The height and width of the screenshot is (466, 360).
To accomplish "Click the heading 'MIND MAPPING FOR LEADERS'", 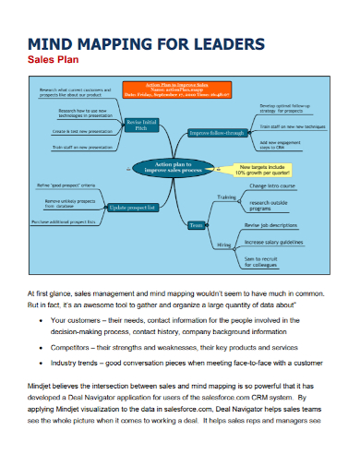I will pos(149,44).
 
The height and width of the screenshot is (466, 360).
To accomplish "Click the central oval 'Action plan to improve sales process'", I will pos(167,168).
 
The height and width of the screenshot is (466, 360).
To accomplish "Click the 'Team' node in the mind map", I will pos(196,225).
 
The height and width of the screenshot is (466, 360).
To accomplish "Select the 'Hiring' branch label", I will pos(224,245).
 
